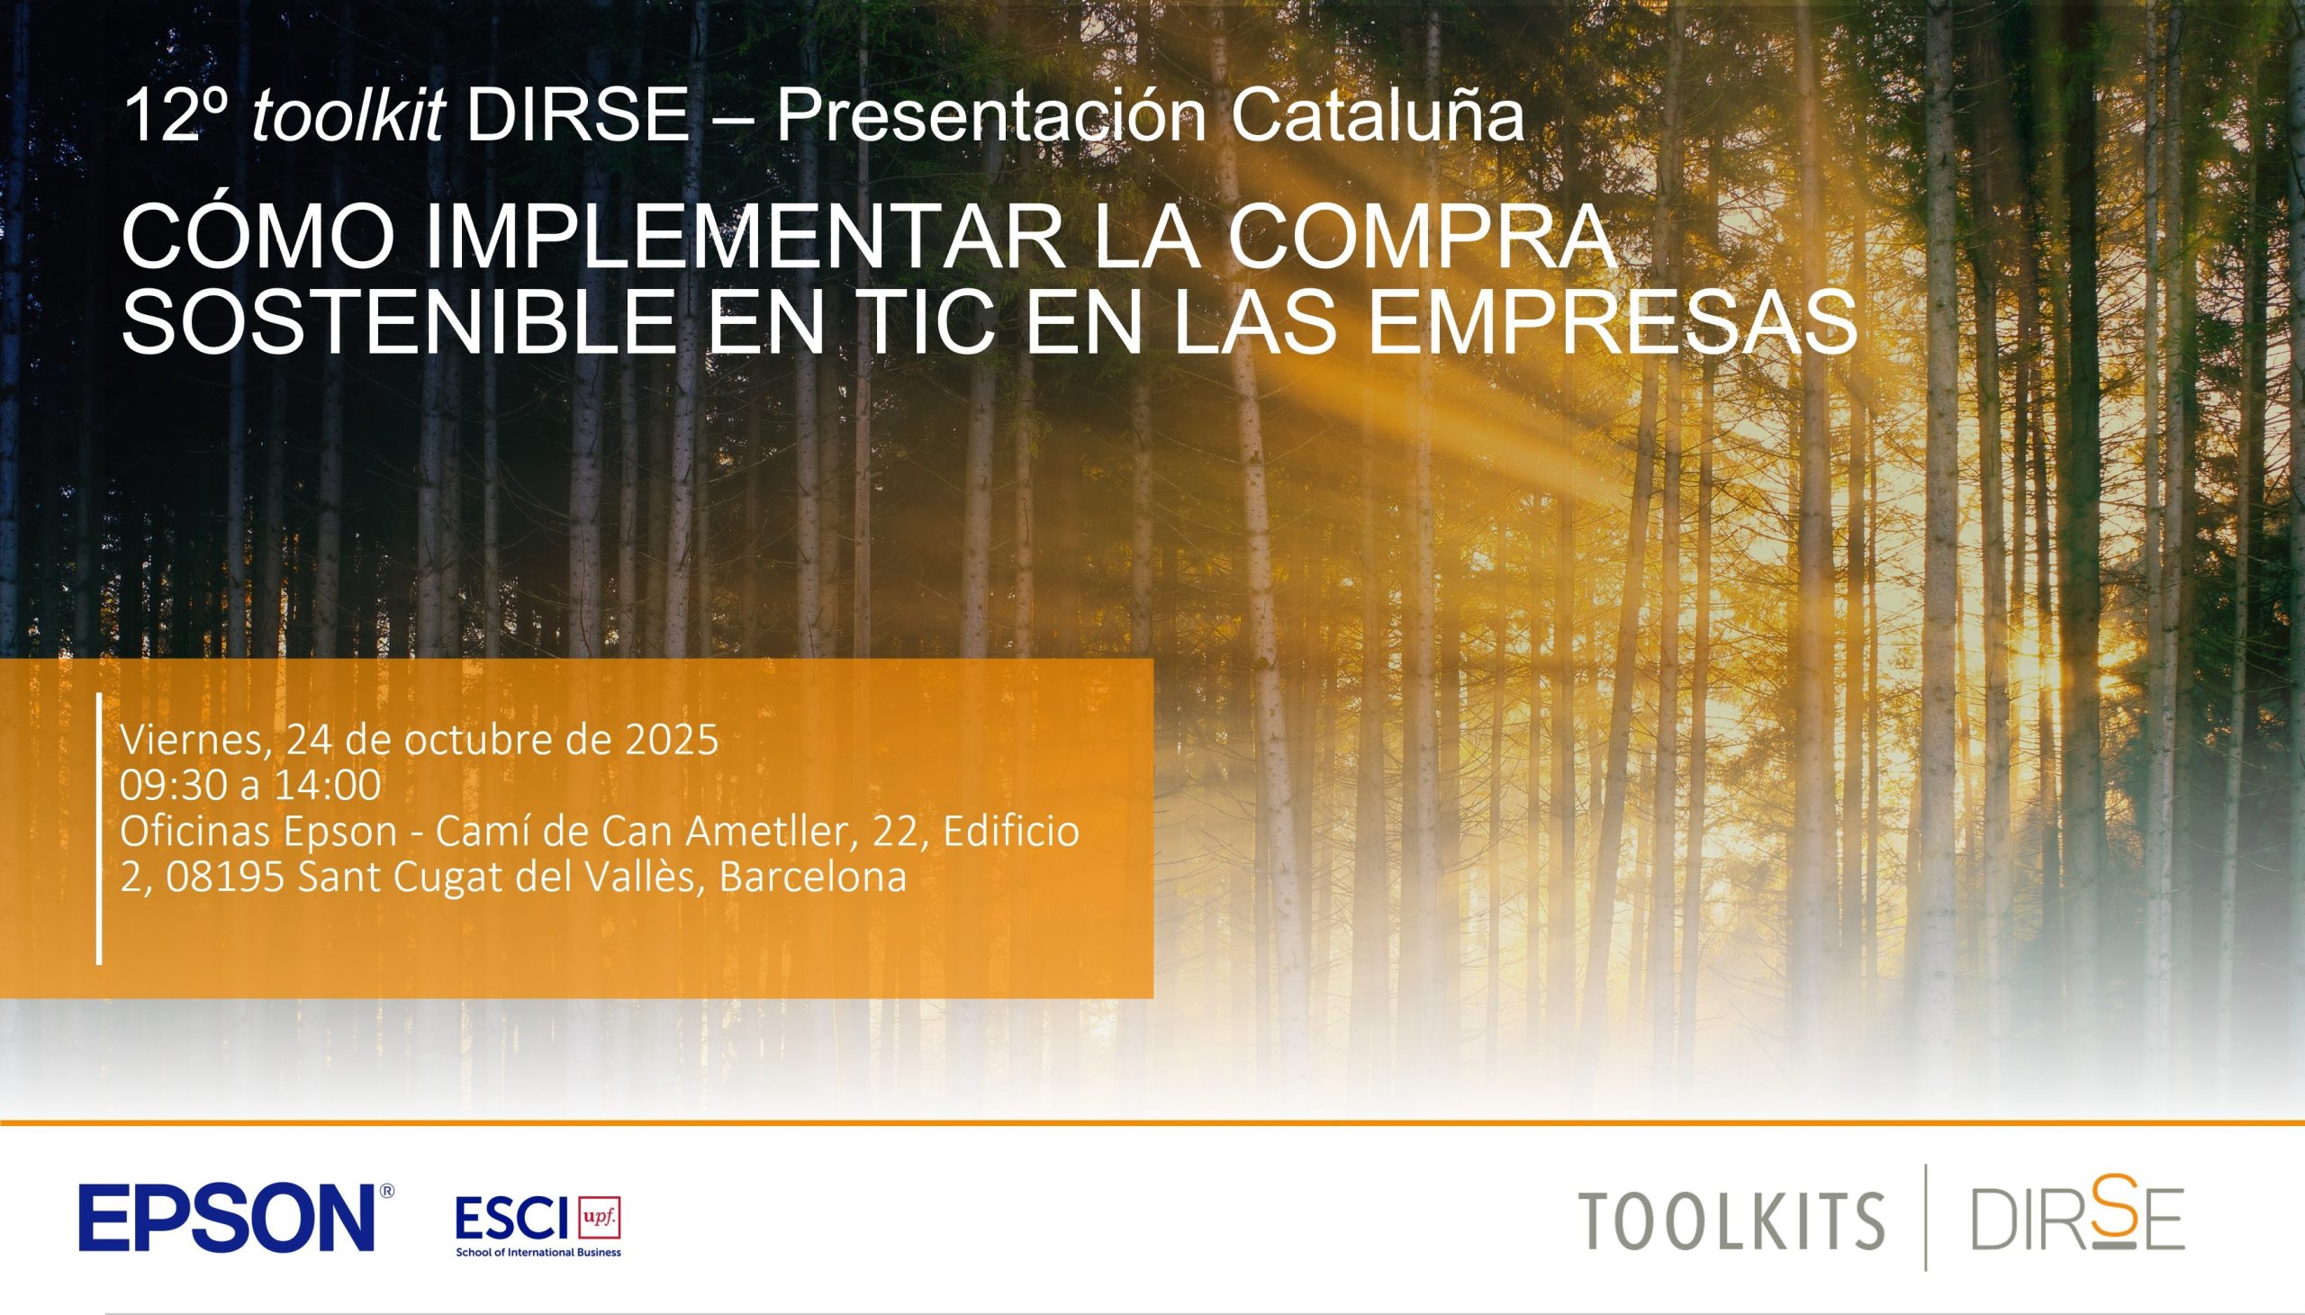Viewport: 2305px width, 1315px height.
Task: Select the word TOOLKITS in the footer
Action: (1731, 1220)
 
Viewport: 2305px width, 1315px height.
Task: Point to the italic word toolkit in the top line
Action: (348, 115)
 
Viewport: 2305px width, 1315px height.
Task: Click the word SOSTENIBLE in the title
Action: (399, 321)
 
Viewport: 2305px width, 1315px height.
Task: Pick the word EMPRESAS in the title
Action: (1614, 321)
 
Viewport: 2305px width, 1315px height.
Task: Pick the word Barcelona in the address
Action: (813, 878)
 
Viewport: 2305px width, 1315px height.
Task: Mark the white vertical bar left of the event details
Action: (98, 829)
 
